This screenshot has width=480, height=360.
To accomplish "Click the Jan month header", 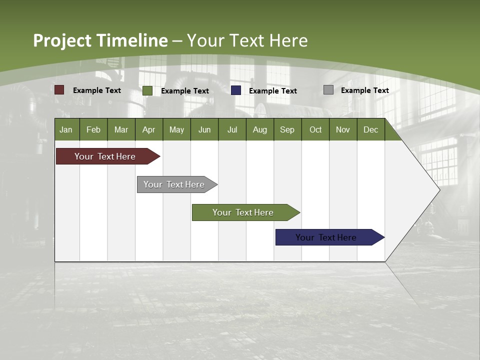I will (66, 129).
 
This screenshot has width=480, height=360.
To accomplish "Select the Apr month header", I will (148, 129).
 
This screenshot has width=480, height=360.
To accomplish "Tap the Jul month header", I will (232, 129).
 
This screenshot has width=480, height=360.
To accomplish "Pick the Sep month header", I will (287, 129).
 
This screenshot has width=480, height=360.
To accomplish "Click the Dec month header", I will (370, 129).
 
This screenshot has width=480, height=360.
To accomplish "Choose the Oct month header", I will (315, 129).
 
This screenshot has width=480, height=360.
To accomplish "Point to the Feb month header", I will (93, 129).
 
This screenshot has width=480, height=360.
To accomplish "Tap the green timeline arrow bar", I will (243, 212).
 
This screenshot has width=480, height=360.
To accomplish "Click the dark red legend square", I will (59, 90).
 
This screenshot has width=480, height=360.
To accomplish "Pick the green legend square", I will (147, 90).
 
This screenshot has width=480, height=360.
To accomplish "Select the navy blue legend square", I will (236, 90).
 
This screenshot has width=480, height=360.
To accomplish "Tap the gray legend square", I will (328, 90).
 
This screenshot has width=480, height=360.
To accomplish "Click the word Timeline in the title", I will (132, 40).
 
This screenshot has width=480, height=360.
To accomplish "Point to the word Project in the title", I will (62, 40).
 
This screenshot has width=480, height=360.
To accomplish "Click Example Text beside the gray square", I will (364, 90).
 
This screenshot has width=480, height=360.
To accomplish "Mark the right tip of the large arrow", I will (439, 189).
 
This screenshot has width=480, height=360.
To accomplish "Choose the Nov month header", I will (342, 129).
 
